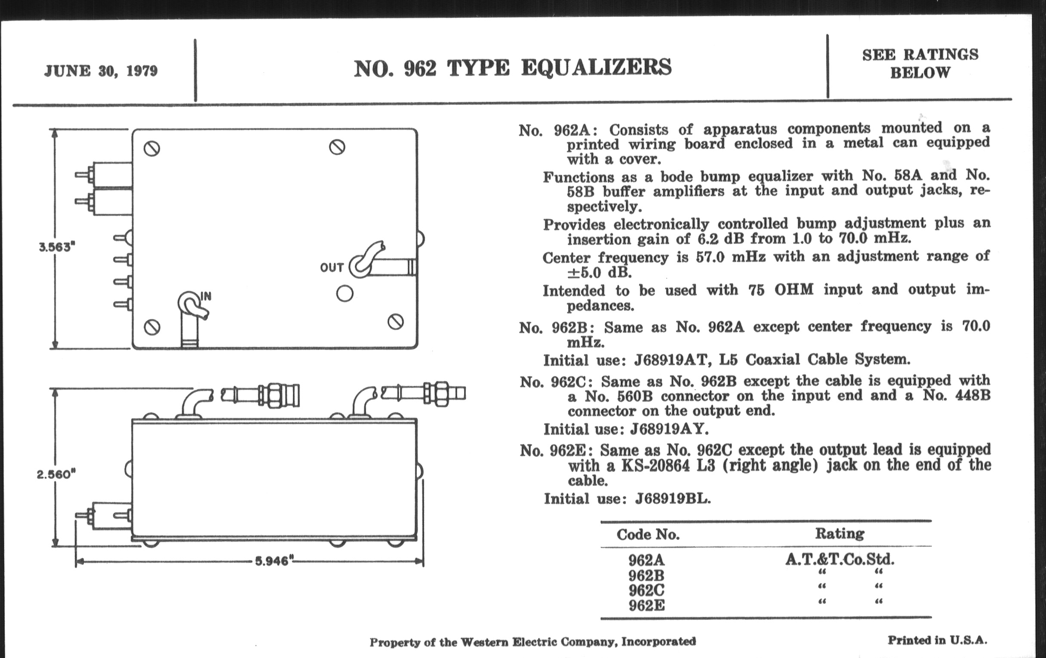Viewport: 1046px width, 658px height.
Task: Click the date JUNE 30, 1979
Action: (101, 71)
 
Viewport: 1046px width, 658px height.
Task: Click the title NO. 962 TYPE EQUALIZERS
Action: (513, 68)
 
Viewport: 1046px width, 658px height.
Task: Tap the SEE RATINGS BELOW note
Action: (920, 63)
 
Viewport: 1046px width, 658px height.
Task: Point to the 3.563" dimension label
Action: (57, 247)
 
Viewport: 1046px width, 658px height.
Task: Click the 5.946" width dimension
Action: (272, 561)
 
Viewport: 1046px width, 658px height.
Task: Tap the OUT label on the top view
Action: (332, 268)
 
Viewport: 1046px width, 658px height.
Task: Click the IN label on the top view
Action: (206, 296)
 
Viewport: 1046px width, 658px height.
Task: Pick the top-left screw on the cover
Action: (151, 149)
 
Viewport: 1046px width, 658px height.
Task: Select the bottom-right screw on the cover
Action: (395, 322)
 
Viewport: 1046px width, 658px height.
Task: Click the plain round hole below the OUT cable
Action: (345, 294)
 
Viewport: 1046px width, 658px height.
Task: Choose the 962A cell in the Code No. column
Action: (646, 560)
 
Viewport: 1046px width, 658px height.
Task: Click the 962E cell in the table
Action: (646, 606)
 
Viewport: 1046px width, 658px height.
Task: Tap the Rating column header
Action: (839, 533)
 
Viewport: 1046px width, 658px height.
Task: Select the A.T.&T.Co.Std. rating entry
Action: (840, 559)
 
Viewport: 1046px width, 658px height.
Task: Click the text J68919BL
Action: (673, 498)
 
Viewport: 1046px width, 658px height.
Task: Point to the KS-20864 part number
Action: (655, 466)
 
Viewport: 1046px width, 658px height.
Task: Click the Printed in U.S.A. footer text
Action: (937, 640)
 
